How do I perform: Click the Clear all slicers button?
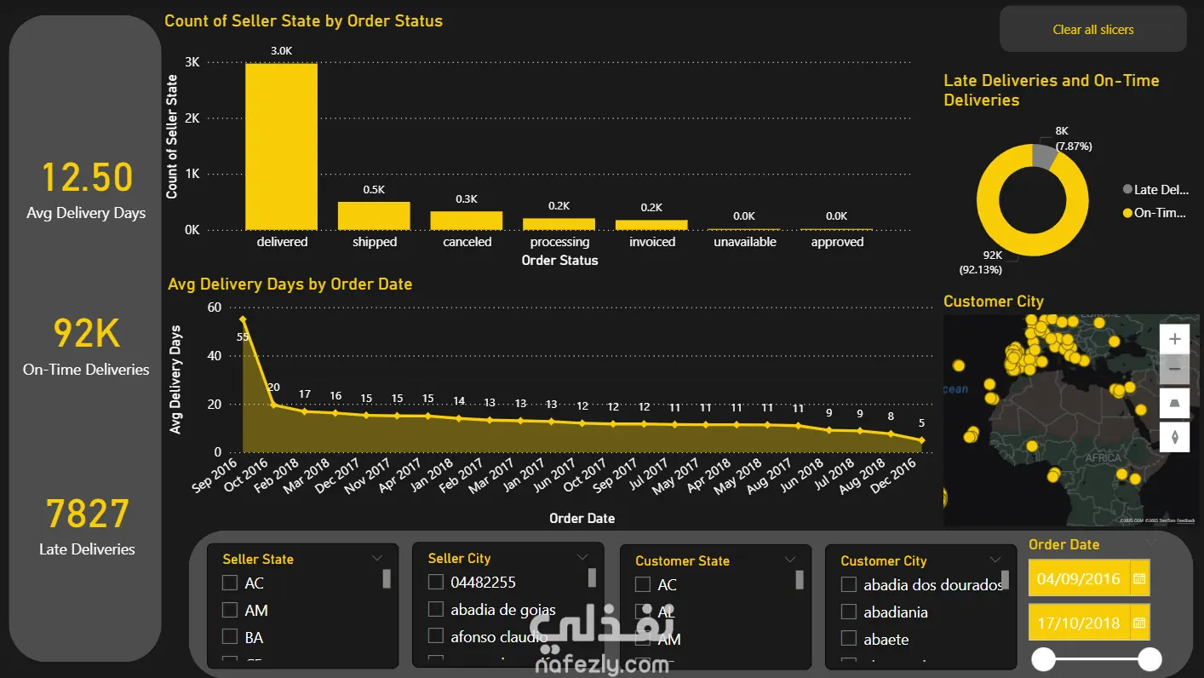point(1092,30)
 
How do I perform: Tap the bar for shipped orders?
point(374,216)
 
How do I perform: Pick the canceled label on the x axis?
point(467,242)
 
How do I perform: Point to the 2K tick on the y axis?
point(192,118)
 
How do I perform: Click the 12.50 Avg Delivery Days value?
point(87,178)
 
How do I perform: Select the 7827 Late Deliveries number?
point(87,514)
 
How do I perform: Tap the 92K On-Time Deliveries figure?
point(87,334)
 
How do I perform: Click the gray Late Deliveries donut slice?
point(1043,155)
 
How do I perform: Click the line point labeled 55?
point(243,319)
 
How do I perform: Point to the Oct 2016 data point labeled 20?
point(273,405)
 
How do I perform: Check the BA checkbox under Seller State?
point(229,637)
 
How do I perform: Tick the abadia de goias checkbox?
point(436,609)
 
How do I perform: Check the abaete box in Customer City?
point(849,639)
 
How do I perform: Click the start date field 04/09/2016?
point(1079,579)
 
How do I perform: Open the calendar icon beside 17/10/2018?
point(1139,623)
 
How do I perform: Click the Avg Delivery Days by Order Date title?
point(290,284)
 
